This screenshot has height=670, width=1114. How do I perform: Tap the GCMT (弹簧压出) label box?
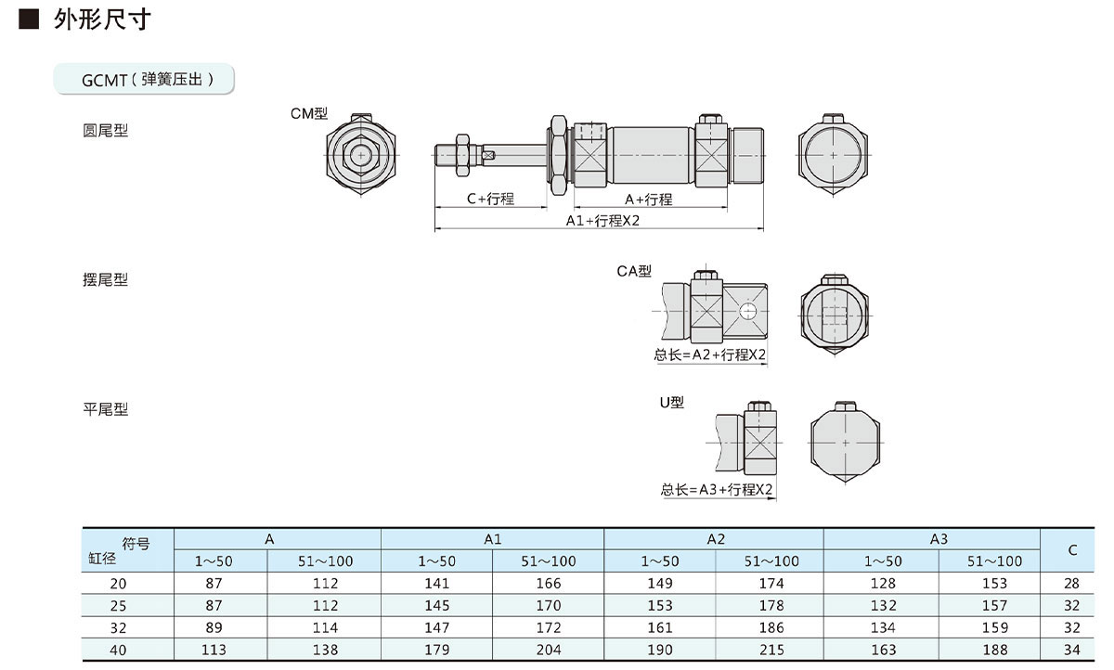tap(147, 80)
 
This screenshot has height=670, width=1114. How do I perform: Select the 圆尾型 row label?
tap(106, 131)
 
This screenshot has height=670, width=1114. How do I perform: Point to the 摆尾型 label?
tap(106, 279)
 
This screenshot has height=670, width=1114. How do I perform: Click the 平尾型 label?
tap(106, 409)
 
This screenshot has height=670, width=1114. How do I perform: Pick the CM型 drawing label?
tap(308, 114)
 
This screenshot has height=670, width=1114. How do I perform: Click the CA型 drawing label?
tap(634, 271)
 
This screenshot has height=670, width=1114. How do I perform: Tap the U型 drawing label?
tap(671, 403)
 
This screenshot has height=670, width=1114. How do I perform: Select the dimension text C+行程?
tap(490, 199)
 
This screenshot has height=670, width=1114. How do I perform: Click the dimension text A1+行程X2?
tap(603, 221)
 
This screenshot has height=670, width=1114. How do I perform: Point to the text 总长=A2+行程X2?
tap(710, 354)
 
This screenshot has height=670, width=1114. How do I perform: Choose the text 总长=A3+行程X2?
tap(717, 490)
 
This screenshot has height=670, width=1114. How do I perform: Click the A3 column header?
tap(939, 538)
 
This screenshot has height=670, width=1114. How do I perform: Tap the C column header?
tap(1072, 549)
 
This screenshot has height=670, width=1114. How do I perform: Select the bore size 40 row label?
tap(119, 650)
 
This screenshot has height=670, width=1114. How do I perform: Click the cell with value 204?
tap(549, 650)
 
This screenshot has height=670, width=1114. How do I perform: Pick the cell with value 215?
tap(771, 650)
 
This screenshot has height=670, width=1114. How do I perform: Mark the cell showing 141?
tap(436, 583)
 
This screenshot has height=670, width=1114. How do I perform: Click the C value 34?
tap(1072, 650)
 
